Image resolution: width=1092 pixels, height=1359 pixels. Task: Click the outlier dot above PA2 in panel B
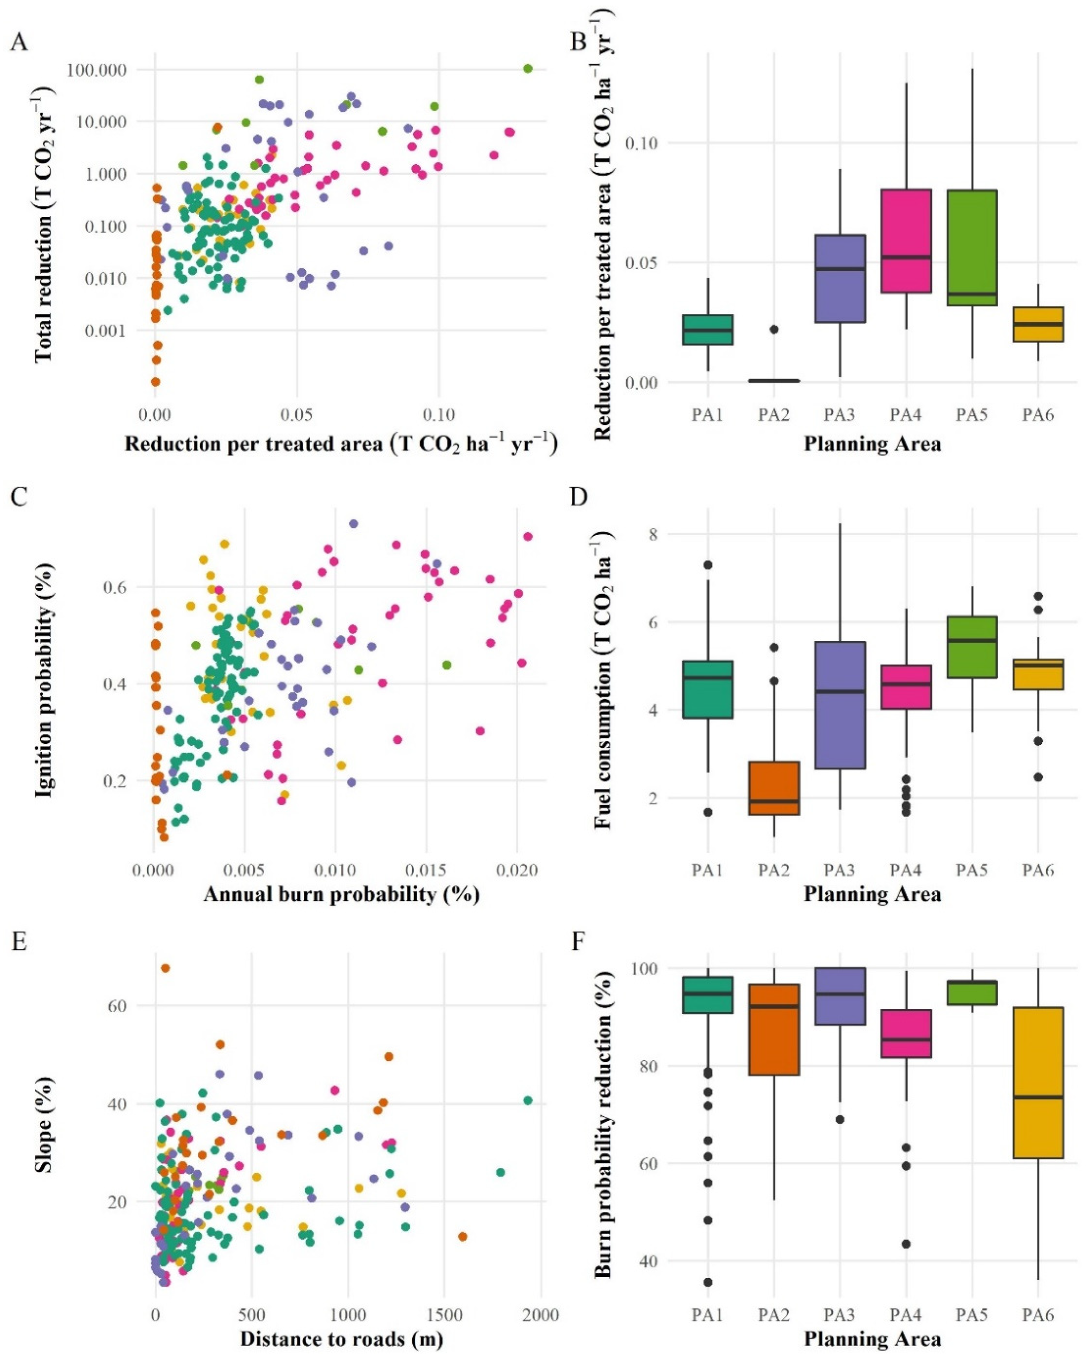(774, 329)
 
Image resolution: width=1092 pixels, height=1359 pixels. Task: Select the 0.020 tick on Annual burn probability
(517, 871)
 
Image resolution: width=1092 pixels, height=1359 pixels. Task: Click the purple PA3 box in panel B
(840, 278)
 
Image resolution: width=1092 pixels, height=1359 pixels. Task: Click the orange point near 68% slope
(165, 968)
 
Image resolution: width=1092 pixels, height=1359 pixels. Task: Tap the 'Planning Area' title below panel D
(872, 894)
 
